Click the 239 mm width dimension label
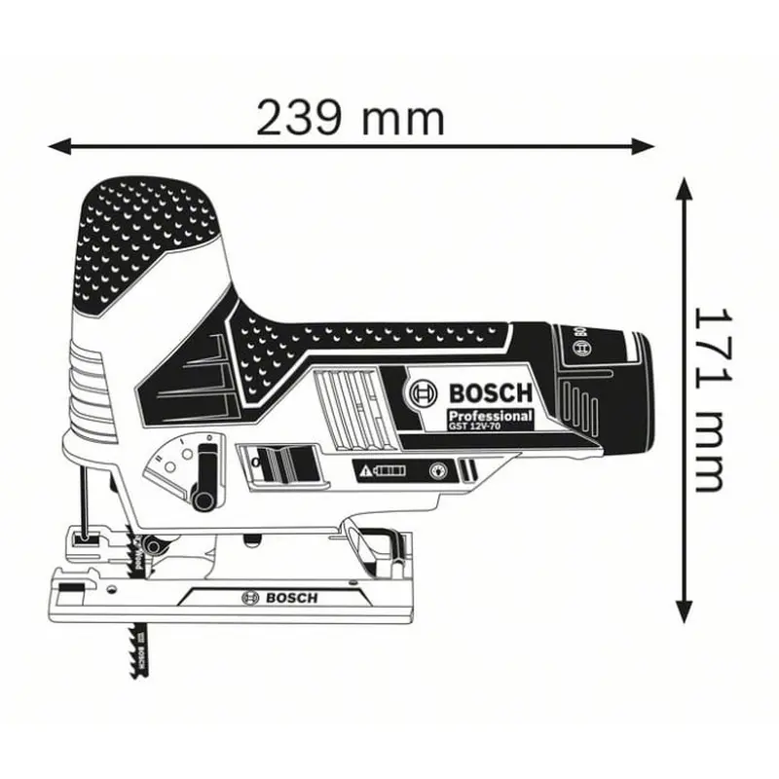[x=351, y=118]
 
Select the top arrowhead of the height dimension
[x=685, y=188]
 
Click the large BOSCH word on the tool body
[x=490, y=392]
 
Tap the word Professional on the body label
[x=489, y=415]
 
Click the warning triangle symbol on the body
[x=366, y=471]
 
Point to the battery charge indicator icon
[x=389, y=471]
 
